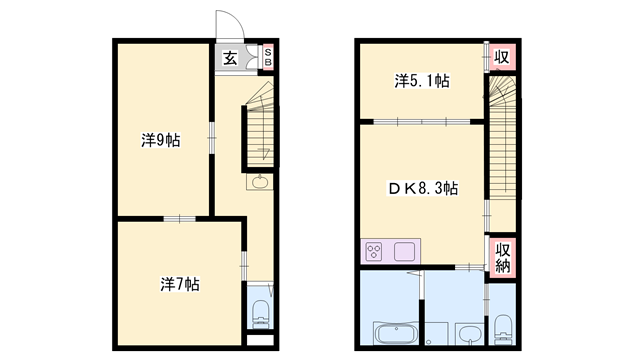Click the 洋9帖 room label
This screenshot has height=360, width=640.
tap(160, 140)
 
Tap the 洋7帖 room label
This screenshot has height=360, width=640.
tap(180, 284)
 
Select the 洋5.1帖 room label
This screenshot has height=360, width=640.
tap(422, 81)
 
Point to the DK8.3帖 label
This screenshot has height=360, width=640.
tap(422, 188)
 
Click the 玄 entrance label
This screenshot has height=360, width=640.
tap(230, 58)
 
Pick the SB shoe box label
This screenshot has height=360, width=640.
tap(268, 57)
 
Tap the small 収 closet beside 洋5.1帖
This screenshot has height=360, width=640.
tap(502, 57)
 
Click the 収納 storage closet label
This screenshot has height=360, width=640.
tap(502, 258)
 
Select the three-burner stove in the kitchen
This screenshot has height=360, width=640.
tap(374, 251)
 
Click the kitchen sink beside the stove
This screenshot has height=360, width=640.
tap(404, 251)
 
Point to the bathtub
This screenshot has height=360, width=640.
tap(396, 333)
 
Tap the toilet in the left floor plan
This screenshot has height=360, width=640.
tap(260, 313)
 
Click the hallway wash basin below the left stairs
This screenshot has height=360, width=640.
tap(260, 182)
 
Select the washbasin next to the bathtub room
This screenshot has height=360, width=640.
tap(469, 334)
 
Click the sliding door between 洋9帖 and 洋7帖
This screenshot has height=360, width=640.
tap(180, 219)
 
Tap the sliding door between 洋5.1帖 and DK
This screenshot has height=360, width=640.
tap(422, 121)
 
